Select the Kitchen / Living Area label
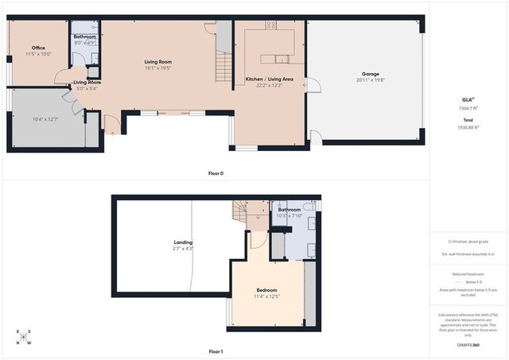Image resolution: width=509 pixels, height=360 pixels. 270,79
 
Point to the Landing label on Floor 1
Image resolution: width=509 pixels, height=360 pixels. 183,242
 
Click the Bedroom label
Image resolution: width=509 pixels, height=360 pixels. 266,289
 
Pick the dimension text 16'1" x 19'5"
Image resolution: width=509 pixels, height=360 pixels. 157,68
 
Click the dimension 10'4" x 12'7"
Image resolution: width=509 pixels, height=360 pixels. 46,119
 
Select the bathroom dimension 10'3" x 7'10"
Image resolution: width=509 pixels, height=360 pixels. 289,216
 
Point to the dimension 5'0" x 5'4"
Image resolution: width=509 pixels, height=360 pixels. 87,88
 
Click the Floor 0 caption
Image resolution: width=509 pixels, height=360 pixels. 216,173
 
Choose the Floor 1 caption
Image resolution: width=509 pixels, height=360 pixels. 216,350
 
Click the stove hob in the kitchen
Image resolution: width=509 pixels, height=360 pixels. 270,25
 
